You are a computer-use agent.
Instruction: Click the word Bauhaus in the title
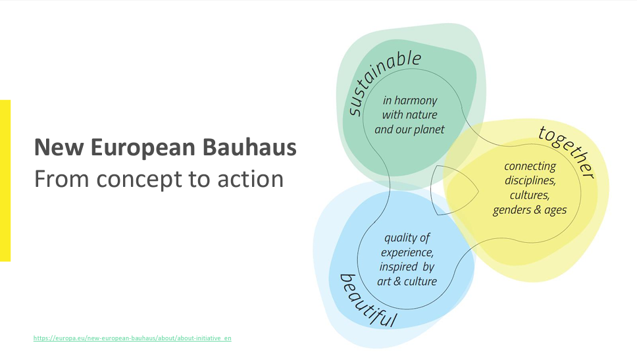click(249, 147)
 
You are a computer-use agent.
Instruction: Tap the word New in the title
click(60, 147)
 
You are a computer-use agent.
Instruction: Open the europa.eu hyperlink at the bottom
click(132, 338)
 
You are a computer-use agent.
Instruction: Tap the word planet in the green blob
click(430, 130)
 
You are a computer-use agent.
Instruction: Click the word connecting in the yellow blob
click(530, 167)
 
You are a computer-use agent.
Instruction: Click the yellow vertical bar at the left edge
click(5, 181)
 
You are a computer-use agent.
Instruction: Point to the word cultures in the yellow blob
click(530, 195)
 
